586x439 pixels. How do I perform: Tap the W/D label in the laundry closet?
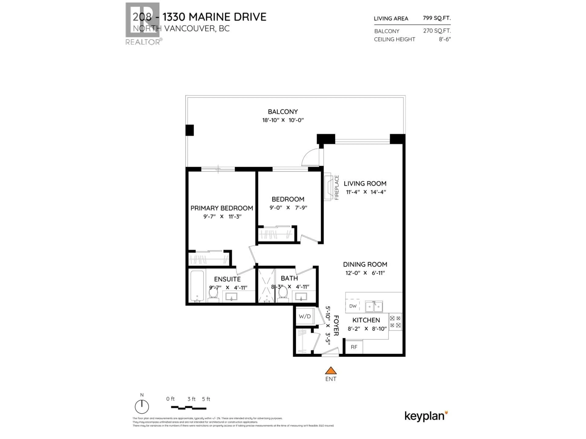point(304,316)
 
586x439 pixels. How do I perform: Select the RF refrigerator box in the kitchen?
point(354,347)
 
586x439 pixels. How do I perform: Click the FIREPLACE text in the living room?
point(337,187)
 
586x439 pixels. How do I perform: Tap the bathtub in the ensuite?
point(197,286)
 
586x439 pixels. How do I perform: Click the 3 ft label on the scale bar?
point(191,399)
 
